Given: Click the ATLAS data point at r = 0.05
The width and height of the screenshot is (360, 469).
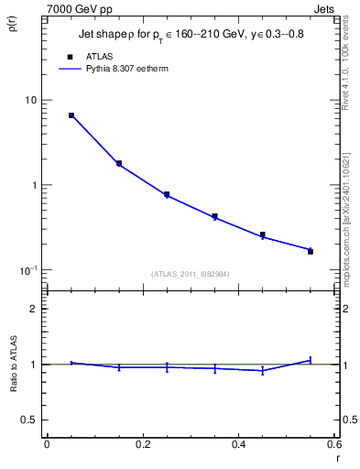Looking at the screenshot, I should (71, 115).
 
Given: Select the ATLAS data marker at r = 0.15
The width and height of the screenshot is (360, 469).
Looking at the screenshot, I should (119, 164).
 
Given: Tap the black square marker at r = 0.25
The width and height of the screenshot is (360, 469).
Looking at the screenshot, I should (167, 194).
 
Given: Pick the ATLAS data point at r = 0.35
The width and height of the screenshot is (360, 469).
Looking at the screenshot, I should (214, 217).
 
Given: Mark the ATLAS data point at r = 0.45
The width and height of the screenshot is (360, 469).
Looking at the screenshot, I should (263, 235).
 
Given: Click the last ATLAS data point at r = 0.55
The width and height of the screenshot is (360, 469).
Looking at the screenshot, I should (311, 251).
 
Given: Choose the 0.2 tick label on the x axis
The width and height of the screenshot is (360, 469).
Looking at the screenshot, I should (142, 444).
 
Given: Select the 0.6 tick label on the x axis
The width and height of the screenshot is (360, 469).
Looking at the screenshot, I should (333, 444).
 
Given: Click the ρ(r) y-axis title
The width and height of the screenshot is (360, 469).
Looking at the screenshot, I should (13, 22).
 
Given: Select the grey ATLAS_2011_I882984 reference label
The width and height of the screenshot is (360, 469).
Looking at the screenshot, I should (191, 274).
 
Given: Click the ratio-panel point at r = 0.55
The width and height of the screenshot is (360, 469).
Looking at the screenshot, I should (311, 360).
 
